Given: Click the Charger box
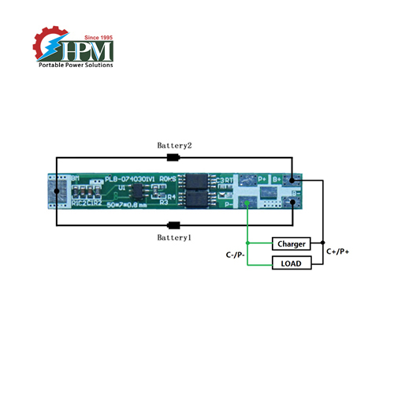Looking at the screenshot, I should click(292, 243).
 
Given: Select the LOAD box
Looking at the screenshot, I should click(292, 262).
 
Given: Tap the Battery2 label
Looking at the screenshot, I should click(173, 147).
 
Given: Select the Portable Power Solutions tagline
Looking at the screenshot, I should click(76, 65).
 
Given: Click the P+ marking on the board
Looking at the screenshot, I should click(262, 180).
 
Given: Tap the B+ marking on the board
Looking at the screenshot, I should click(277, 180).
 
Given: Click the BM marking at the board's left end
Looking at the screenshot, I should click(76, 180).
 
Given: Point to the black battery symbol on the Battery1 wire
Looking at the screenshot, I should click(174, 225).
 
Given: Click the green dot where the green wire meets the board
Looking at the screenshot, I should click(249, 205).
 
